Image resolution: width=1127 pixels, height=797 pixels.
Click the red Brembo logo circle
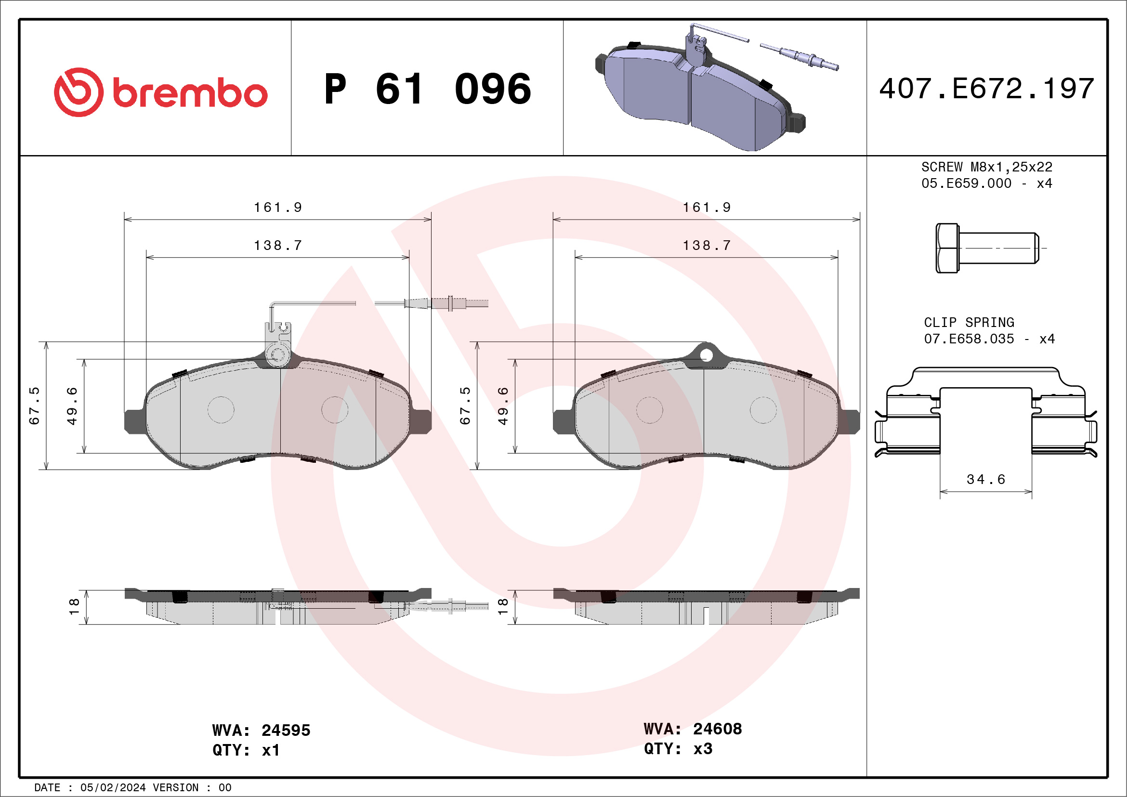(79, 92)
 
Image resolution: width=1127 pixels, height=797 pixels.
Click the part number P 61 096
(428, 89)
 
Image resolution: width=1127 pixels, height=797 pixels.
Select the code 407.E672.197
(986, 89)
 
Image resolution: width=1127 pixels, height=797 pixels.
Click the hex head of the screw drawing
(947, 248)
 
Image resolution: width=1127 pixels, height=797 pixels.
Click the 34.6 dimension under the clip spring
(985, 480)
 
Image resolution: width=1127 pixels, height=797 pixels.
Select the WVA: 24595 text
(261, 730)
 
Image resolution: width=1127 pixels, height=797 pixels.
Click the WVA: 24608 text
(693, 729)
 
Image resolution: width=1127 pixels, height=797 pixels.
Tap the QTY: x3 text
(678, 749)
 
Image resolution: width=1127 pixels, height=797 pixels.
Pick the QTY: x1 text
(246, 750)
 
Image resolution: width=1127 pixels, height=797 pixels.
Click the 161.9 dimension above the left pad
(278, 208)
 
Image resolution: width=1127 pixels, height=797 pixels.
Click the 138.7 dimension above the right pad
(707, 246)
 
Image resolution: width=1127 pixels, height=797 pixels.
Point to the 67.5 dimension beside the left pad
(34, 406)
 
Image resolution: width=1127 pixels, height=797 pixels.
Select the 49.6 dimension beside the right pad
(503, 406)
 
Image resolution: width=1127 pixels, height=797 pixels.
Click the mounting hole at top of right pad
(706, 355)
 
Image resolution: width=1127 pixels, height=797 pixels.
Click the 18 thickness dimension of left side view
(74, 607)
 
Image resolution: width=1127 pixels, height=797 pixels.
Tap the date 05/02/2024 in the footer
(113, 788)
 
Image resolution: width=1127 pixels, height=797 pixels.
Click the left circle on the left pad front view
(221, 410)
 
